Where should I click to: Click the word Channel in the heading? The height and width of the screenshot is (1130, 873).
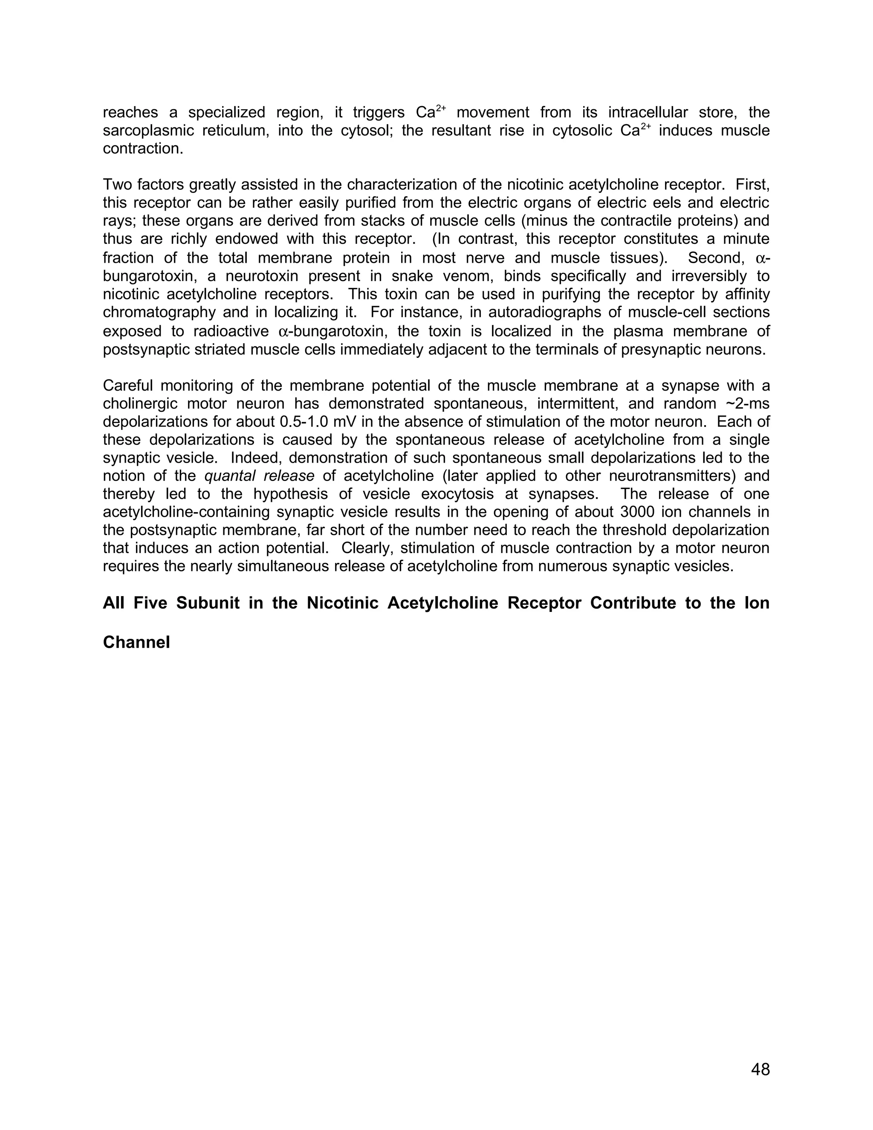(136, 642)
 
